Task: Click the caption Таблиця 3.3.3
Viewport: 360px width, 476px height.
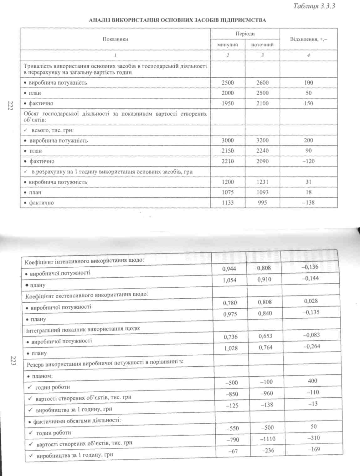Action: pos(314,6)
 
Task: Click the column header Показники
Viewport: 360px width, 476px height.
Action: pos(115,39)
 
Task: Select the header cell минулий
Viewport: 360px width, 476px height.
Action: pos(228,45)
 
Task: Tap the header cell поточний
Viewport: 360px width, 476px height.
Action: pos(262,45)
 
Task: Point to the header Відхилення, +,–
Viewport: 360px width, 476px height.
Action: pos(309,39)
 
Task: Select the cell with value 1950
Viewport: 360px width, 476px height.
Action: pos(228,103)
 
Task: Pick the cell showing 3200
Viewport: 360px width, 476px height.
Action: pos(262,140)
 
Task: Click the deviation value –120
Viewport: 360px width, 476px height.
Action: pos(308,161)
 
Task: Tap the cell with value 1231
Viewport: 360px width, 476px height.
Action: pos(262,182)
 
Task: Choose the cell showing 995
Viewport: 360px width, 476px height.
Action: pos(262,202)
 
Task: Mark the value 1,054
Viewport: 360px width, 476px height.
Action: pos(229,280)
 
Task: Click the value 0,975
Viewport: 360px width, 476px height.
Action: pos(230,314)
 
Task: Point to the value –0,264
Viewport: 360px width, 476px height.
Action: pos(311,346)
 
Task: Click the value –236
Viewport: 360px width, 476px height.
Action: pos(268,450)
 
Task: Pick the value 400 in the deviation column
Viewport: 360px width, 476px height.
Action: pos(312,381)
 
